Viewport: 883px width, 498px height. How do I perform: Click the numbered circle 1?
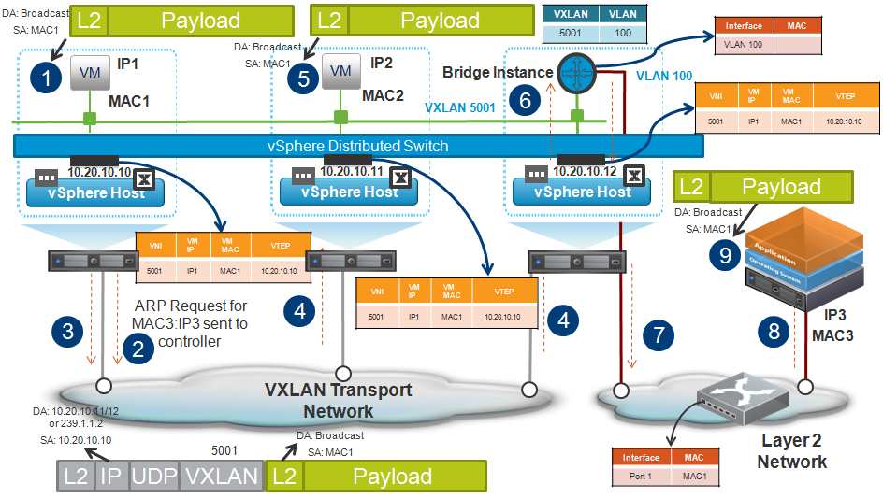point(46,78)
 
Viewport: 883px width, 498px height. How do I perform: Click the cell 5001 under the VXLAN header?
point(570,33)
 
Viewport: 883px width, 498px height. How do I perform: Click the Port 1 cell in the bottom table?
point(640,477)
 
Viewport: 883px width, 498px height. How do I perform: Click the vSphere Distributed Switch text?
point(358,146)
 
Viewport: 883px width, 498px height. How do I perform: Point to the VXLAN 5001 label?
point(461,107)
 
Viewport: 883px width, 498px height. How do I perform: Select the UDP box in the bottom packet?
point(154,476)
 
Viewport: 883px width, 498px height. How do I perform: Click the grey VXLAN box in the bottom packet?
point(222,476)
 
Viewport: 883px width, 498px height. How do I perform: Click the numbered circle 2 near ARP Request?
point(138,349)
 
